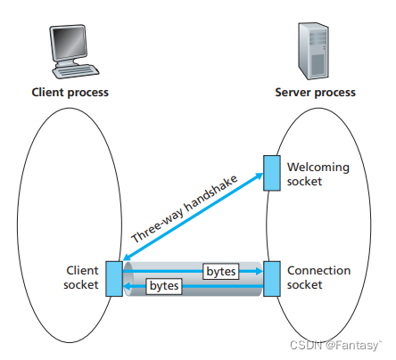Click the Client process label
point(70,93)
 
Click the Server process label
point(315,93)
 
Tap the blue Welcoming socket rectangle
point(272,173)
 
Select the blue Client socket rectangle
point(114,279)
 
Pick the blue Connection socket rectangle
point(272,279)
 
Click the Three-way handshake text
point(185,209)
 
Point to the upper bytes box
point(221,271)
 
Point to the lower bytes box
point(164,286)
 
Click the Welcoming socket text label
point(318,174)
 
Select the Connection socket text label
point(318,277)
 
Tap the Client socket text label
point(81,277)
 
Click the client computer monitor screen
point(70,43)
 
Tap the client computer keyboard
point(76,71)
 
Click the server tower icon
point(313,51)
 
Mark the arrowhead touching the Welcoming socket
point(260,176)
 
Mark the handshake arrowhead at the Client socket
point(127,257)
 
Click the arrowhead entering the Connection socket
point(260,271)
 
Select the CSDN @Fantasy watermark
point(335,345)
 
